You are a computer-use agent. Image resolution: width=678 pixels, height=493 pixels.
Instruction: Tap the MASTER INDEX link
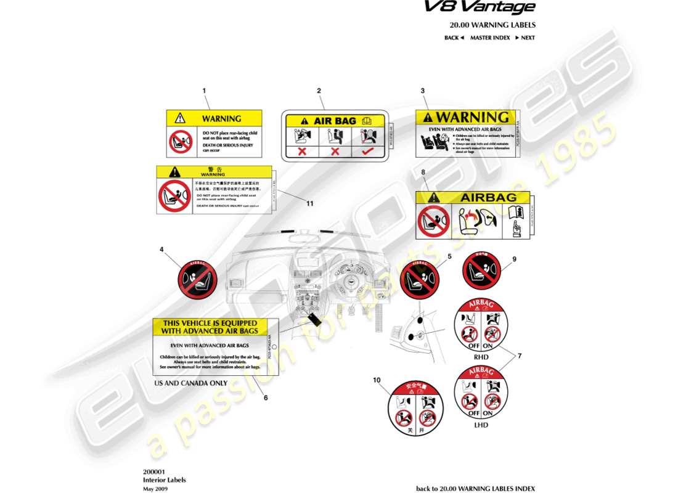(490, 38)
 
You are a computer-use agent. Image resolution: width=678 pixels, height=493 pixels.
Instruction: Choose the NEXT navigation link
(525, 38)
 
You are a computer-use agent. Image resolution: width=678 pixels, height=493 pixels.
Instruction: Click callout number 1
(204, 90)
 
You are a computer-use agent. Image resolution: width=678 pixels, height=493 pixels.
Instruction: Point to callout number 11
(310, 203)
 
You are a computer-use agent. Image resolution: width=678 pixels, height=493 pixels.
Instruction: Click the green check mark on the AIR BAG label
(368, 150)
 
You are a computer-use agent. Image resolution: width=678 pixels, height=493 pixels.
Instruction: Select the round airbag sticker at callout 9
(481, 269)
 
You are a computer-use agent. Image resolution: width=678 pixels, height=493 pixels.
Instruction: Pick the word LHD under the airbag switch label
(481, 425)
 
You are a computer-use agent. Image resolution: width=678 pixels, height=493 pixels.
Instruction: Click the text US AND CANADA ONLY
(190, 383)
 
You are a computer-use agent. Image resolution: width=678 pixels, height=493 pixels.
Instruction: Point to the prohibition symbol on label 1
(181, 142)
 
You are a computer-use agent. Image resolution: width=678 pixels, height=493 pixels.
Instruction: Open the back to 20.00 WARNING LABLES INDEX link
(475, 489)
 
